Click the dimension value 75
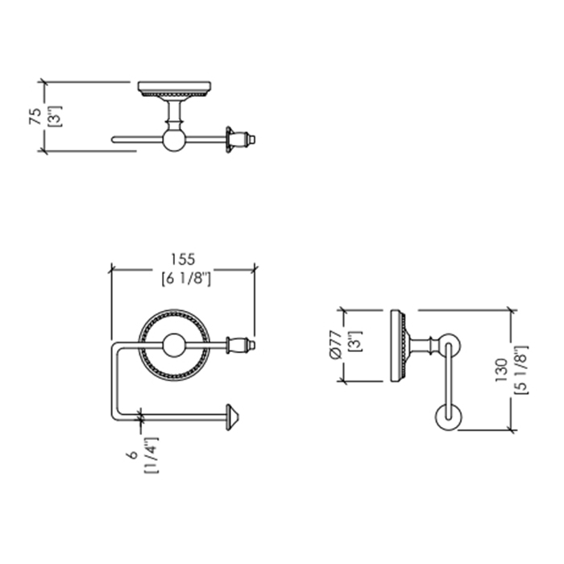pos(35,116)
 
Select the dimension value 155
pos(183,259)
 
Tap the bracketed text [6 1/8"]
pos(186,279)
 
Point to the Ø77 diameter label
pos(335,344)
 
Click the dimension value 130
pos(501,370)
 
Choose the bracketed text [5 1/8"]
pos(520,370)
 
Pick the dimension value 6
pos(132,454)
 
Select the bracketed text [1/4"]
pos(151,455)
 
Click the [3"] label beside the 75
pos(56,116)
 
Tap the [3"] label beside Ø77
pos(356,342)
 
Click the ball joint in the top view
pos(174,139)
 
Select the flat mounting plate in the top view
pos(175,87)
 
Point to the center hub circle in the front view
pos(174,346)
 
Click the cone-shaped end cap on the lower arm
pos(232,417)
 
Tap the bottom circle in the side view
pos(448,417)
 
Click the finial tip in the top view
pos(252,139)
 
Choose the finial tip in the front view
pos(252,346)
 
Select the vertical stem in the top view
pos(175,110)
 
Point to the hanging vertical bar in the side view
pos(448,381)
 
